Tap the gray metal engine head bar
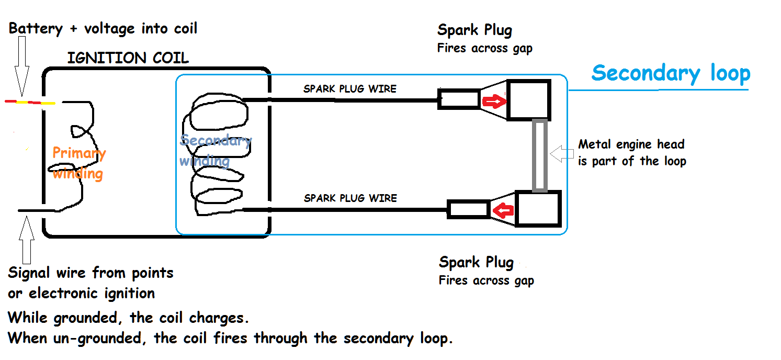point(539,155)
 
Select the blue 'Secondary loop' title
point(671,73)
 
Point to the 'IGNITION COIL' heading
point(128,58)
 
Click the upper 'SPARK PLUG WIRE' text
point(350,89)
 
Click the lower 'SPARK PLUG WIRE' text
point(350,198)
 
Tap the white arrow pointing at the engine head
point(563,154)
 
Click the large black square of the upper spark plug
point(529,100)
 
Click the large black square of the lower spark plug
point(538,209)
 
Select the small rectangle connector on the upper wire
point(459,99)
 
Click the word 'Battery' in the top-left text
point(35,28)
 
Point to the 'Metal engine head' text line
point(631,144)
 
